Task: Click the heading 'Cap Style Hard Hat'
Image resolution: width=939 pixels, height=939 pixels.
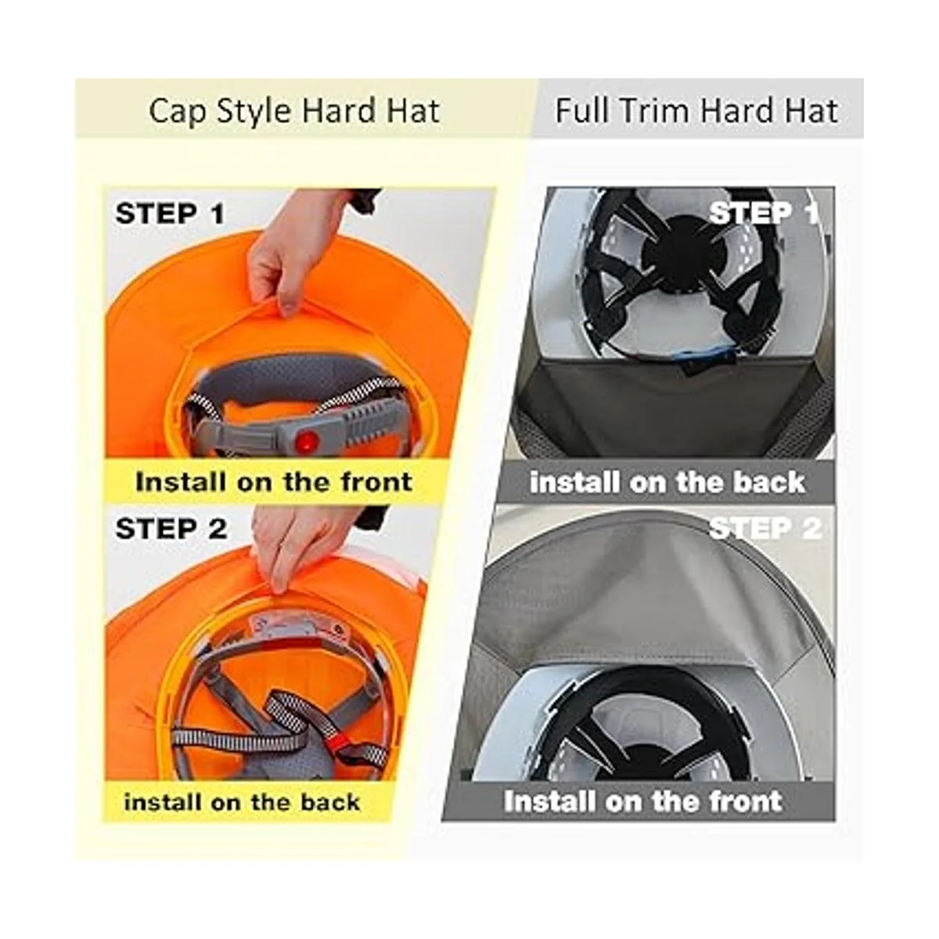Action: [x=293, y=111]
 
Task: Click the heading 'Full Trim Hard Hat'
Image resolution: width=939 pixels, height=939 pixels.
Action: [x=696, y=111]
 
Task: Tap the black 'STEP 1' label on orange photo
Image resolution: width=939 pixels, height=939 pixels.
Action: [x=170, y=214]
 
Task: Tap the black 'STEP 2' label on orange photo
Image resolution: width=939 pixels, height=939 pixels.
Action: [x=171, y=529]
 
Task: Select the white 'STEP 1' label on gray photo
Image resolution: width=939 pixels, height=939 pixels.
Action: [x=763, y=212]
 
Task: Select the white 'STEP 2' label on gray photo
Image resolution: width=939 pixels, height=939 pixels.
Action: [x=765, y=528]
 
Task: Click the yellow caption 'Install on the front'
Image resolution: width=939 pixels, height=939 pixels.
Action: [x=273, y=481]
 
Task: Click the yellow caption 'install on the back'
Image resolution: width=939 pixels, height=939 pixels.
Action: [x=242, y=802]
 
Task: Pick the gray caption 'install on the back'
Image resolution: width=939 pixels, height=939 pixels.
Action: [x=667, y=482]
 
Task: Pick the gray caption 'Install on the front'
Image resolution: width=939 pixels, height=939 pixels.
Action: [x=642, y=801]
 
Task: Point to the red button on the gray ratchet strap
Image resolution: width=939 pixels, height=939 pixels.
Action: [x=307, y=441]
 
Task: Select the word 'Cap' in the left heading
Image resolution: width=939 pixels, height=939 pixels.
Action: [x=171, y=111]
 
